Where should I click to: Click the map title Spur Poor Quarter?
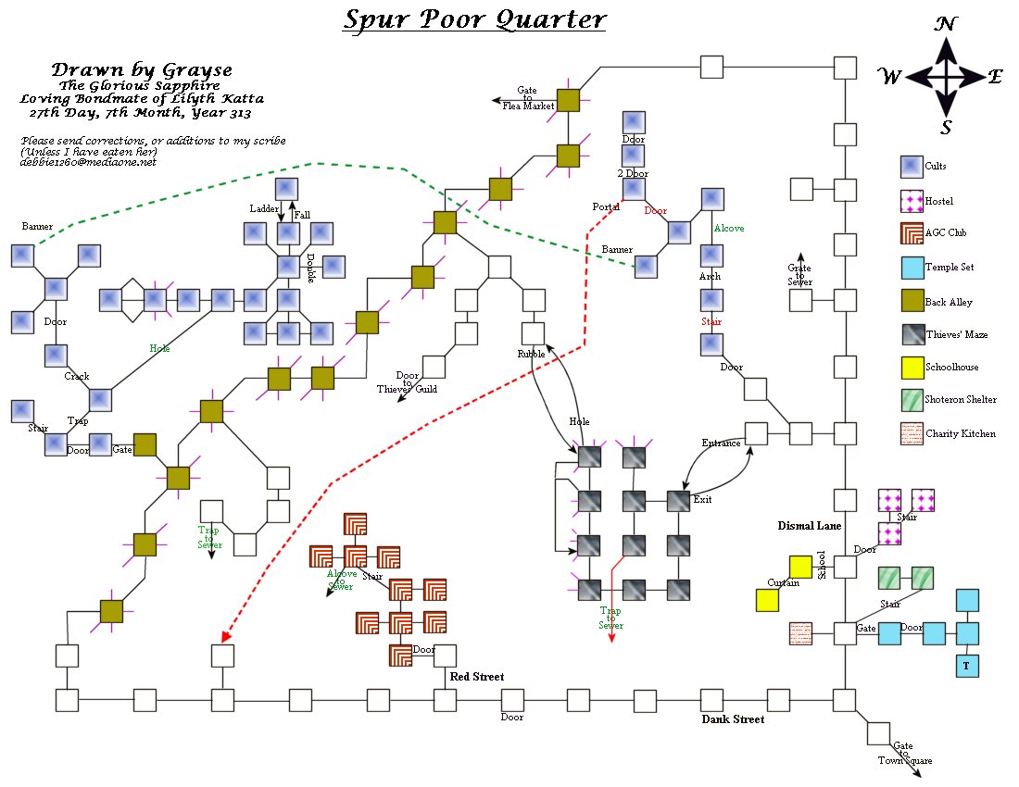click(x=474, y=19)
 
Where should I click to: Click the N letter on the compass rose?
click(x=945, y=25)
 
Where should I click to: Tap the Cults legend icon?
click(x=912, y=167)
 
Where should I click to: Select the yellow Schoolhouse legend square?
click(x=912, y=367)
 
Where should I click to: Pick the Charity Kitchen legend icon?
click(x=912, y=432)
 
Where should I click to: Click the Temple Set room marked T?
click(x=967, y=666)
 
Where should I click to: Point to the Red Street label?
click(x=477, y=677)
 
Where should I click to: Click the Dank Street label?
click(x=733, y=718)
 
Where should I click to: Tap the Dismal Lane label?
click(x=810, y=526)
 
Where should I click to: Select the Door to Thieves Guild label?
click(x=407, y=382)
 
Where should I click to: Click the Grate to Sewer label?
click(x=799, y=275)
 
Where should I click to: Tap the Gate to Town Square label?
click(x=905, y=754)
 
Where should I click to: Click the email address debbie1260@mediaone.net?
click(x=88, y=162)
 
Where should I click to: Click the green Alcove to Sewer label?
click(x=341, y=580)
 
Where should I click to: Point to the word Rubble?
click(x=532, y=354)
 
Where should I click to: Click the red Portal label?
click(x=606, y=206)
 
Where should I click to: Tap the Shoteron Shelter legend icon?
click(x=912, y=400)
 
